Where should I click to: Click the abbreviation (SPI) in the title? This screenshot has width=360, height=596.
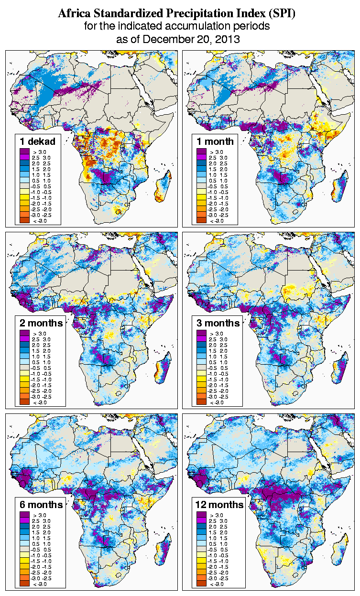coord(280,13)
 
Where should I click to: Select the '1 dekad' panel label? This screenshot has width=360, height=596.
coord(37,141)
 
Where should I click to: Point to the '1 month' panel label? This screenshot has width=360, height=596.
coord(215,141)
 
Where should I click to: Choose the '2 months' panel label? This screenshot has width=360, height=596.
coord(41,323)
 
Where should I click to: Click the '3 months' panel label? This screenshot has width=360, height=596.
coord(218,323)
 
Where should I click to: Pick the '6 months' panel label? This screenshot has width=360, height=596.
coord(41,505)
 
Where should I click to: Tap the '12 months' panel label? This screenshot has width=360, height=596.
coord(219,505)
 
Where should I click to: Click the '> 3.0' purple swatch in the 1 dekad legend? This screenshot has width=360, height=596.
coord(24,152)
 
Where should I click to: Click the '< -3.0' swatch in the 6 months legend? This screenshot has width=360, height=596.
coord(24,584)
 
